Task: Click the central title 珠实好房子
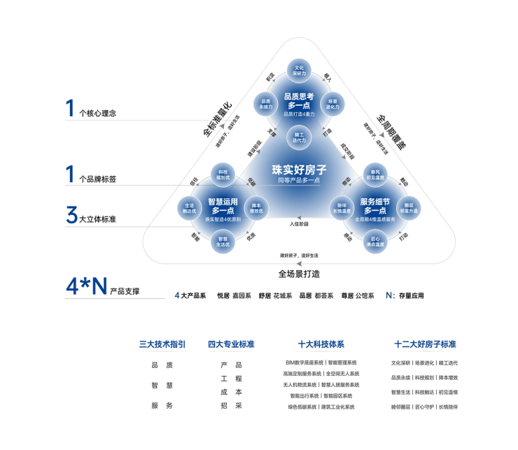pos(299,169)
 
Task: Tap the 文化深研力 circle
pos(299,71)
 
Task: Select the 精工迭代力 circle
pos(299,137)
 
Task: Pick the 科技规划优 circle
pos(223,174)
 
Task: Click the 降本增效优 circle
pos(256,207)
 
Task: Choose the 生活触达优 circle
pos(189,207)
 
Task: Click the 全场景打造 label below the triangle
pos(299,274)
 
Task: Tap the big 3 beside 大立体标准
pos(71,215)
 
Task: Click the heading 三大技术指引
pos(162,344)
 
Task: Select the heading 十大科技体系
pos(321,344)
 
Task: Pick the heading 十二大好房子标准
pos(425,344)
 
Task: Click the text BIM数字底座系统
pos(304,363)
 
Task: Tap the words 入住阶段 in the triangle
pos(299,224)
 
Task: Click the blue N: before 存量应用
pos(391,295)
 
